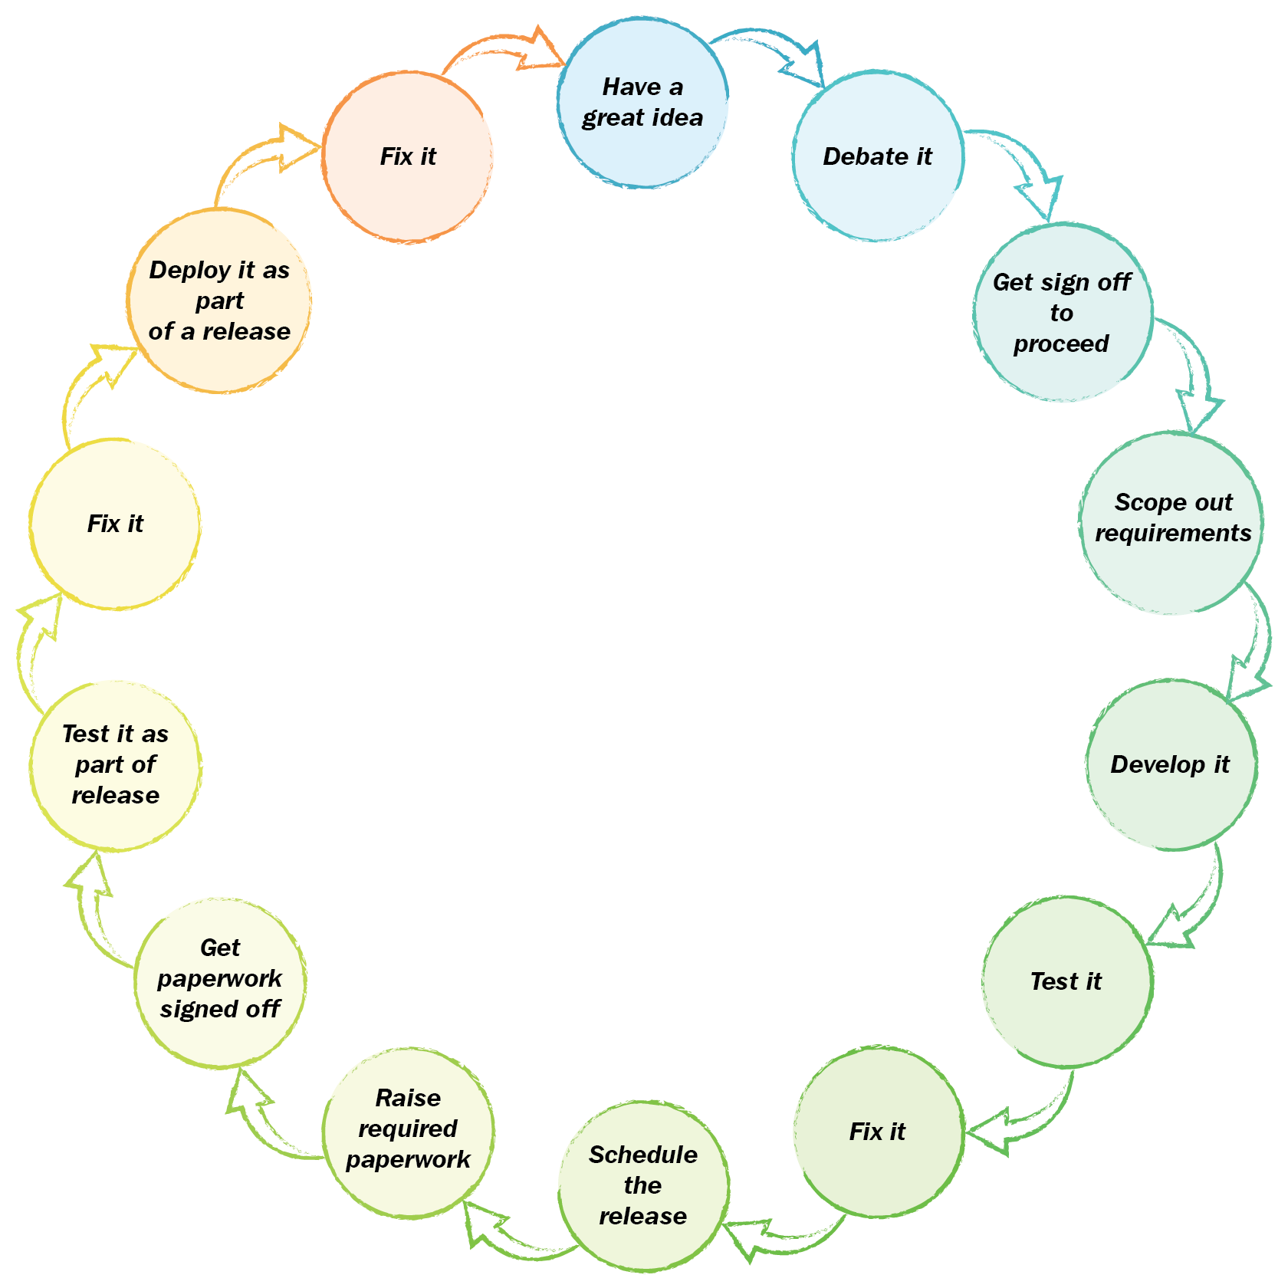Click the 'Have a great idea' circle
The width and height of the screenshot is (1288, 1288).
pyautogui.click(x=642, y=103)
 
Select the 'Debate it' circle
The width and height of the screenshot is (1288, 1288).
pyautogui.click(x=878, y=156)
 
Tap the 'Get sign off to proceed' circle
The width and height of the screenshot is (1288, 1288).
pyautogui.click(x=1063, y=313)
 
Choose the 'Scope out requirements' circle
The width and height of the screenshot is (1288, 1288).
pyautogui.click(x=1172, y=524)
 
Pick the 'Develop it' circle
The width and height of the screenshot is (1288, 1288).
pyautogui.click(x=1171, y=764)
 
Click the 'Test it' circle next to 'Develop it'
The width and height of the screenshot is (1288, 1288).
pyautogui.click(x=1066, y=981)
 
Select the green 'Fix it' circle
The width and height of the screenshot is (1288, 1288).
pyautogui.click(x=878, y=1132)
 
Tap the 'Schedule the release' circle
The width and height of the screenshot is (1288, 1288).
pyautogui.click(x=643, y=1185)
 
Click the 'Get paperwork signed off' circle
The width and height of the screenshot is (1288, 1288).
pyautogui.click(x=220, y=982)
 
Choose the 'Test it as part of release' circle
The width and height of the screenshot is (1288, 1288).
pyautogui.click(x=115, y=765)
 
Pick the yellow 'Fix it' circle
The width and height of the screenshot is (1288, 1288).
pyautogui.click(x=115, y=524)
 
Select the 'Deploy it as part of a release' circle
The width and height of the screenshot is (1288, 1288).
pyautogui.click(x=219, y=301)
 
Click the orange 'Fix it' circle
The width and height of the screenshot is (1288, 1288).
pyautogui.click(x=408, y=157)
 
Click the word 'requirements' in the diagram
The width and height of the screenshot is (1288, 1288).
pyautogui.click(x=1172, y=534)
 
